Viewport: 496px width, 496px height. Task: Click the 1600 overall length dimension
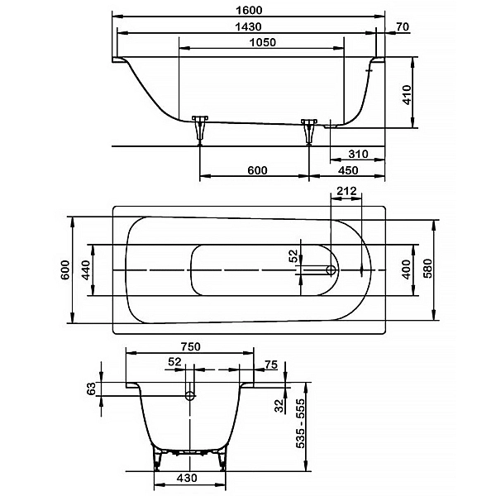[250, 10]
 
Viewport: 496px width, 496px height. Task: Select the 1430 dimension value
[249, 27]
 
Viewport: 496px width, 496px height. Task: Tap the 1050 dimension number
[263, 42]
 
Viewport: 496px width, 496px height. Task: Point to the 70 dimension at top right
[403, 27]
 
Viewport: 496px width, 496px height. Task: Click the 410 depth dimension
[407, 94]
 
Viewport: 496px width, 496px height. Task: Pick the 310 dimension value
[359, 154]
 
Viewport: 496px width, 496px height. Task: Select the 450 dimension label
[348, 170]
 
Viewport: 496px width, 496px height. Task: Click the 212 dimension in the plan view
[346, 191]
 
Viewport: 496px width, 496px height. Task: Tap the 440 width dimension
[85, 269]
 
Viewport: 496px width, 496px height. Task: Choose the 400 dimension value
[406, 269]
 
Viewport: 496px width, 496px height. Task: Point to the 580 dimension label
[427, 269]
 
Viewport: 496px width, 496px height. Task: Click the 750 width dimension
[191, 346]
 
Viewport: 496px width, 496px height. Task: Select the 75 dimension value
[271, 365]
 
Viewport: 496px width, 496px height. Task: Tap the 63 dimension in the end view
[91, 389]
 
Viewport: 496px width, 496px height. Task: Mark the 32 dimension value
[279, 406]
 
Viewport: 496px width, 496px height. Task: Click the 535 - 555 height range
[300, 423]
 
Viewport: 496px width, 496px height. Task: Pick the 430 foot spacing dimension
[187, 478]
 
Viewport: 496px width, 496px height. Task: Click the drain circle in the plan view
[331, 270]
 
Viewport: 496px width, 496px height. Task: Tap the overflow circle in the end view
[190, 395]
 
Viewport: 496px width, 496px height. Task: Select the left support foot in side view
[200, 130]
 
